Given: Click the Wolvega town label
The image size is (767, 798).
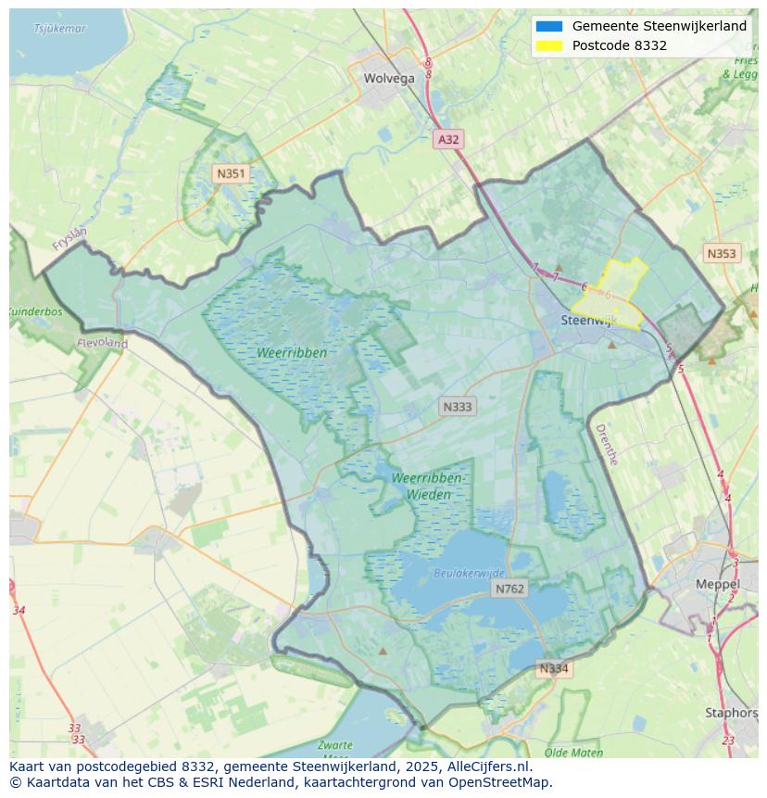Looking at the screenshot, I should [389, 79].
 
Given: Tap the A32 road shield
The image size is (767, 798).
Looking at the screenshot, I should [448, 140].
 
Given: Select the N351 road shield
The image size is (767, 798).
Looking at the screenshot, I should [230, 173].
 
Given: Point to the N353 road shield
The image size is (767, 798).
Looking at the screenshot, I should [722, 254].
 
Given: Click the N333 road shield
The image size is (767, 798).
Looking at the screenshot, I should [458, 407].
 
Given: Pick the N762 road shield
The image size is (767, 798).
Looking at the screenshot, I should [509, 589].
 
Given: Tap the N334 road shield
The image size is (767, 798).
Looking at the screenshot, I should [554, 668].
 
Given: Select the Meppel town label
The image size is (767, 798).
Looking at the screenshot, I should [718, 585].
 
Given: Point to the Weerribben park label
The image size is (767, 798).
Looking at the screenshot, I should [292, 353].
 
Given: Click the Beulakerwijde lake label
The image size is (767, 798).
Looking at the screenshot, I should [470, 574].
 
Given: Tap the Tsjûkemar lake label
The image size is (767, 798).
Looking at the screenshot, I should [59, 29].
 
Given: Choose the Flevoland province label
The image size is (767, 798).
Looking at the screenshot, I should [103, 343].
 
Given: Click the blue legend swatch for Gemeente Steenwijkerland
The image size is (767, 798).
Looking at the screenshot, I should [548, 27].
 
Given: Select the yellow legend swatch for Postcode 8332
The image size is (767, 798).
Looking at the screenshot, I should [548, 45].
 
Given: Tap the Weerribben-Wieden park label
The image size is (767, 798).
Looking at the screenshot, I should [428, 486].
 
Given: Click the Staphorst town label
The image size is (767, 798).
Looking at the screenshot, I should [731, 713].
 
